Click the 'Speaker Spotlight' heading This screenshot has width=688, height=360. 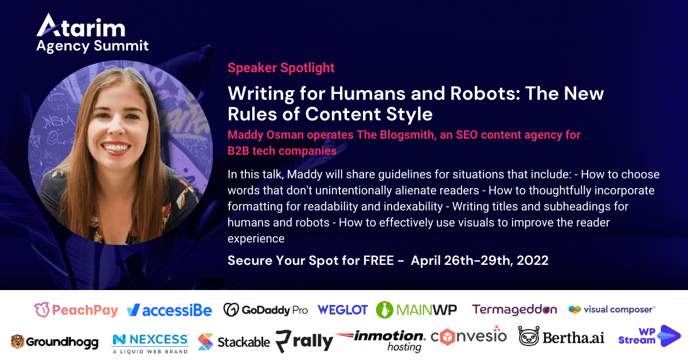(x=281, y=68)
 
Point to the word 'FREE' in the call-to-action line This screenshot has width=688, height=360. (x=378, y=260)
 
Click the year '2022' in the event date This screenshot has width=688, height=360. (x=533, y=260)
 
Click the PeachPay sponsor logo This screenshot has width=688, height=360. (x=76, y=310)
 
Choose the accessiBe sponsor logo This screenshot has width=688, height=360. (x=169, y=310)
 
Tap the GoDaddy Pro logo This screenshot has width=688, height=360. (x=265, y=310)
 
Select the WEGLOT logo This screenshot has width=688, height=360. (x=342, y=310)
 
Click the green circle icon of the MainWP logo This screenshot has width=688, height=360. (x=385, y=310)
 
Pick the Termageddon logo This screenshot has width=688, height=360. (x=514, y=310)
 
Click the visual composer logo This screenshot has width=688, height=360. (x=612, y=310)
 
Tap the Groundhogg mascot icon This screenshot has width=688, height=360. (x=17, y=342)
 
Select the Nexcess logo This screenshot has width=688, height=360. (x=150, y=344)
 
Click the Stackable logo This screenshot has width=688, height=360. (x=234, y=342)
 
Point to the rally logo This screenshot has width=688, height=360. (x=304, y=341)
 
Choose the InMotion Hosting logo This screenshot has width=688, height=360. (x=381, y=341)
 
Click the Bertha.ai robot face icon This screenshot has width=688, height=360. (x=529, y=336)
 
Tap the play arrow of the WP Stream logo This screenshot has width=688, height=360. (x=669, y=336)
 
